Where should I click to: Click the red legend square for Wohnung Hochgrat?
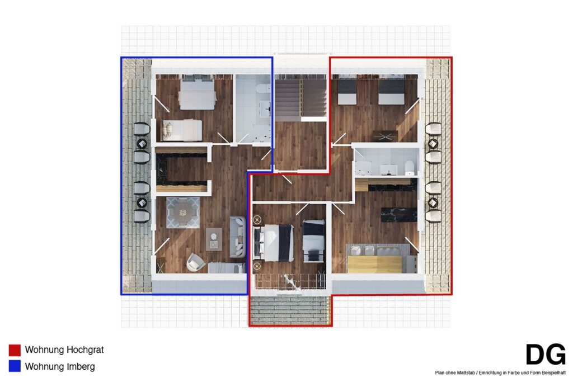click(x=15, y=350)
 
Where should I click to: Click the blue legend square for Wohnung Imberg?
click(x=15, y=366)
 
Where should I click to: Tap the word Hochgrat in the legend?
click(x=85, y=350)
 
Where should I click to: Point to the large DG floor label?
click(x=545, y=354)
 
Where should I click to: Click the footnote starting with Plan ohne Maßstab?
click(x=500, y=373)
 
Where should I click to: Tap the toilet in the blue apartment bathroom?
click(x=263, y=88)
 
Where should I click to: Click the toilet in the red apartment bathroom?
click(x=410, y=167)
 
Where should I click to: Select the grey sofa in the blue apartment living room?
click(x=237, y=236)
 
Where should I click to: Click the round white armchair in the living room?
click(x=196, y=262)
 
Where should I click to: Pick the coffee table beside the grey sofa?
click(x=214, y=239)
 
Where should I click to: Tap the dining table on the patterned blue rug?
click(x=183, y=213)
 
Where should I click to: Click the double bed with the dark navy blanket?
click(x=274, y=243)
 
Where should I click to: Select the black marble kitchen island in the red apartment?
click(x=398, y=215)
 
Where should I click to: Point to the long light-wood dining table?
click(x=374, y=265)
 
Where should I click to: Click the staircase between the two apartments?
click(x=300, y=98)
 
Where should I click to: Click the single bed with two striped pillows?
click(x=182, y=130)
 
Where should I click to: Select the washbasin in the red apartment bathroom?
click(x=389, y=169)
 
